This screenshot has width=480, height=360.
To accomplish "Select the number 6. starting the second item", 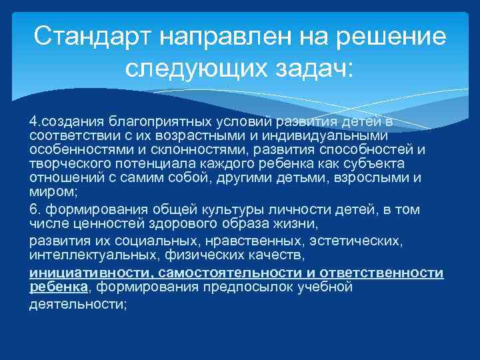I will [x=34, y=209].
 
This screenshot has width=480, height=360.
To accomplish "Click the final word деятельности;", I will [x=78, y=304].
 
